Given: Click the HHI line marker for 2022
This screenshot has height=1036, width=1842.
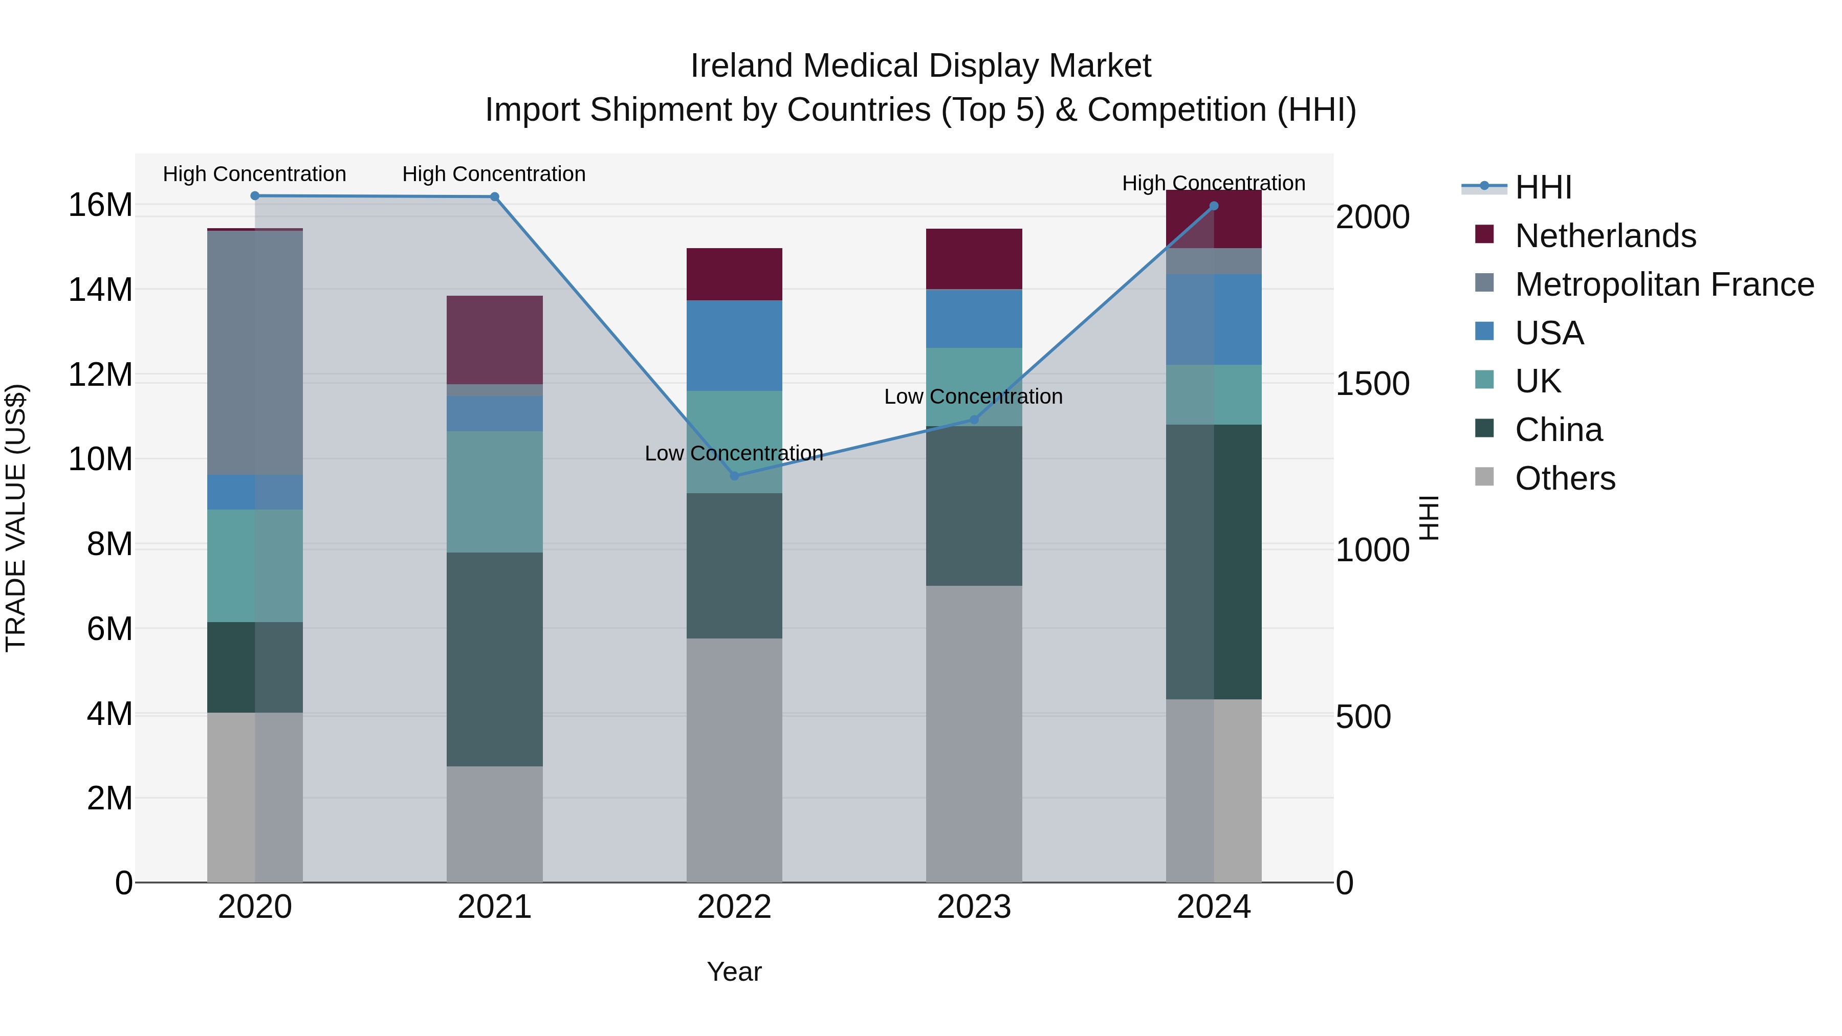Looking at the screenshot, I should (734, 475).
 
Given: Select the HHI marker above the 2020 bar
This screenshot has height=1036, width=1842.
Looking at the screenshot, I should (255, 195).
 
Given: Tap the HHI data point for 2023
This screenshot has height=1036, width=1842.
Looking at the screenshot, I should (974, 419).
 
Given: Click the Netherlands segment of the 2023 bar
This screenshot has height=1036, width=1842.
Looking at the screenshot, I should (974, 259).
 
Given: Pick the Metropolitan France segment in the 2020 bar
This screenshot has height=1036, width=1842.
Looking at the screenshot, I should (255, 352).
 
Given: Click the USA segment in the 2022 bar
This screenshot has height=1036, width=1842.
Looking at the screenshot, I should (734, 345).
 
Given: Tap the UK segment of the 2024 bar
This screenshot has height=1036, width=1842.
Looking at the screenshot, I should (1214, 394).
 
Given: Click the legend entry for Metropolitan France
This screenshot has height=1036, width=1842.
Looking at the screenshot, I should (1664, 284).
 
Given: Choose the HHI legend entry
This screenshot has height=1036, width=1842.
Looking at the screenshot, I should (1542, 187).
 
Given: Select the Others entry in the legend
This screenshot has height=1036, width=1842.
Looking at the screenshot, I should (1565, 478).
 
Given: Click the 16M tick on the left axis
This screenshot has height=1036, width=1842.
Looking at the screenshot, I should (100, 205).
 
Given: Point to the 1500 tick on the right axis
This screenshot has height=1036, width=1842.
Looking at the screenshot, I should (1372, 384).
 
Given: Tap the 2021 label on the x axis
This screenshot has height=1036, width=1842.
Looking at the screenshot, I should (494, 907).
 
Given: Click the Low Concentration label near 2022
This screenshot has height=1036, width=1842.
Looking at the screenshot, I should (734, 453).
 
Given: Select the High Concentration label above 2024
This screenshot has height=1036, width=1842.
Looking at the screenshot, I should (1214, 183).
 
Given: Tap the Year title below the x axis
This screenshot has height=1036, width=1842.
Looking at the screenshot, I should (734, 972).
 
